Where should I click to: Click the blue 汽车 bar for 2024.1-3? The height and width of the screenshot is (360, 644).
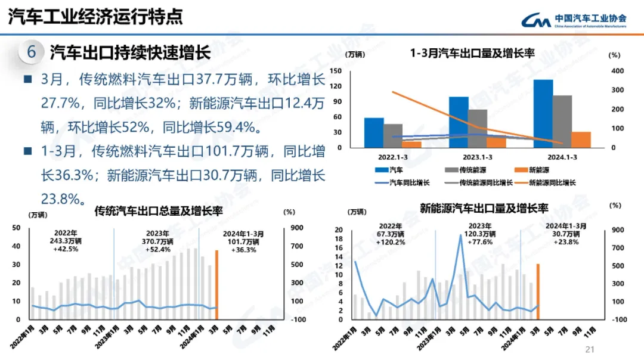[x=543, y=113]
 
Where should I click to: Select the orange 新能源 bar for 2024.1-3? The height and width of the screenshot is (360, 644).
[x=581, y=139]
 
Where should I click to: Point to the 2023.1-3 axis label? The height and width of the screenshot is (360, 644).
[x=476, y=157]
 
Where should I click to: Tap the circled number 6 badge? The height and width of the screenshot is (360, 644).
[x=32, y=52]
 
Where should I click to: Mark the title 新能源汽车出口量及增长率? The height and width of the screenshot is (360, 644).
[x=484, y=209]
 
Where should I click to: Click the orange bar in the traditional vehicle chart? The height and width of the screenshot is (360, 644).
[x=216, y=284]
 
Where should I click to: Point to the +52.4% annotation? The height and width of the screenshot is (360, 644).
[x=157, y=249]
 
